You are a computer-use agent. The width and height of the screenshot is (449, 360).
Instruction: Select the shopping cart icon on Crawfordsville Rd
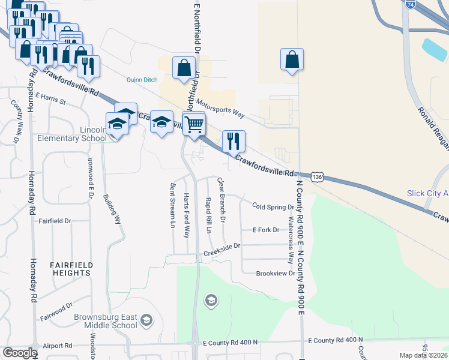pos(194,125)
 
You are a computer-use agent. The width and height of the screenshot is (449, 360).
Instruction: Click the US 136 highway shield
pos(318,177)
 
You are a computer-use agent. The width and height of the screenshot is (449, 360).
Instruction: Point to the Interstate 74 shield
pos(410,4)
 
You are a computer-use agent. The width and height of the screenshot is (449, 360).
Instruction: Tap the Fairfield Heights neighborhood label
pos(70,268)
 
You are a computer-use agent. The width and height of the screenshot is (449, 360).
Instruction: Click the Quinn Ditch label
pos(141,79)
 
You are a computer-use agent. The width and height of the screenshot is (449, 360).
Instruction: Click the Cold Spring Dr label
pos(273,206)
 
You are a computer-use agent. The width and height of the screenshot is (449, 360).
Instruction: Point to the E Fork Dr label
pos(266,230)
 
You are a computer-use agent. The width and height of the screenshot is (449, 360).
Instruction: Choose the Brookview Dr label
pos(276,273)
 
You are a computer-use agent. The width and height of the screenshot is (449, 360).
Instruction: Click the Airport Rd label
pos(59,346)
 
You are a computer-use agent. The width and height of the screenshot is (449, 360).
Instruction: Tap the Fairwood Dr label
pos(56,313)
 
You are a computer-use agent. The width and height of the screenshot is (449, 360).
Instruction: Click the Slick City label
pos(427,193)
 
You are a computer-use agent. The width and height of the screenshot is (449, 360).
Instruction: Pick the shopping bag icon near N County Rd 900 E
pos(292,60)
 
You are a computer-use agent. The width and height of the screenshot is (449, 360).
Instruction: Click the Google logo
pos(19,353)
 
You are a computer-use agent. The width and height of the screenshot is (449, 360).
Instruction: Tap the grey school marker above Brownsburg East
pos(211,299)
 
